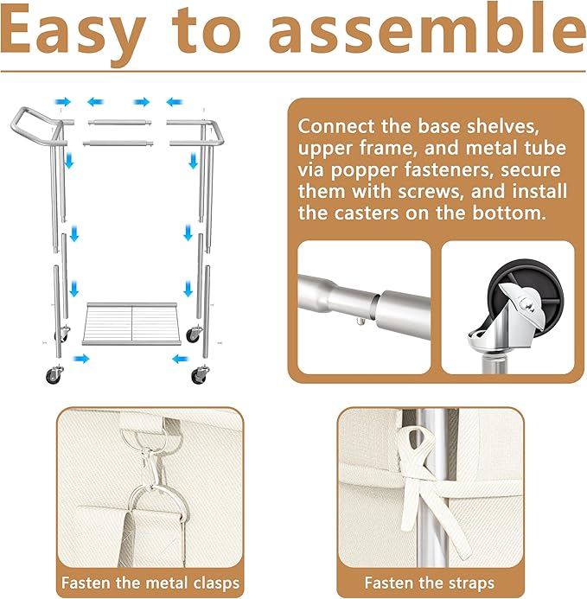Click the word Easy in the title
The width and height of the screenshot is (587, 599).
tap(73, 35)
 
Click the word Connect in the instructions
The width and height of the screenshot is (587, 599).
tap(336, 126)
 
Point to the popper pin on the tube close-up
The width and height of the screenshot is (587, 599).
tap(360, 321)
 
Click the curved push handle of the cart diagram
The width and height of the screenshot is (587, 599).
tap(36, 125)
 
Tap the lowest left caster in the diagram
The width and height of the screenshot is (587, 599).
tap(54, 374)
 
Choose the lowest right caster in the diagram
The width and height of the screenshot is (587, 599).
tap(200, 374)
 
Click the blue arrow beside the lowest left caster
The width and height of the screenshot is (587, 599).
tap(81, 359)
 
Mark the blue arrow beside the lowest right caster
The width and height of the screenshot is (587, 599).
tap(181, 359)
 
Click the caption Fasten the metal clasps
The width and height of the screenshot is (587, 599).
tap(150, 583)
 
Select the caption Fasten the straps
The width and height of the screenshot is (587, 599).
tap(429, 583)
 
